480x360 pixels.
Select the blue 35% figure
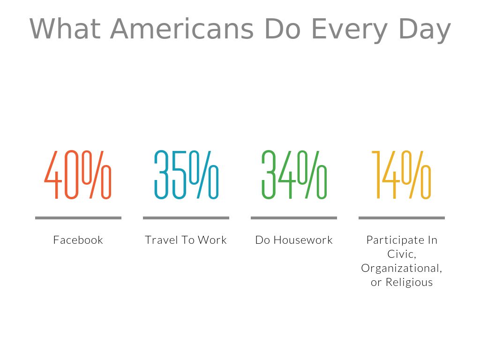(186, 175)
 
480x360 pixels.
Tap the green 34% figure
(294, 175)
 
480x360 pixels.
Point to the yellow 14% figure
(401, 175)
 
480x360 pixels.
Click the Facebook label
(78, 240)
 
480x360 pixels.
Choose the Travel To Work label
(186, 240)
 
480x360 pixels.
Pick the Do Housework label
(294, 240)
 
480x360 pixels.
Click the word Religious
(409, 282)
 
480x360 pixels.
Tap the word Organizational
(401, 268)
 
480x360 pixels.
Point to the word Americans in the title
(182, 29)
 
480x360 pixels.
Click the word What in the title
(65, 29)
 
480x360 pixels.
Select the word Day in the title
(425, 30)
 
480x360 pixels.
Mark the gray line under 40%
(78, 218)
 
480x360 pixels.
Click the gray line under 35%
(186, 218)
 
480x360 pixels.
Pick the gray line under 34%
(294, 218)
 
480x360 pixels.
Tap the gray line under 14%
(402, 218)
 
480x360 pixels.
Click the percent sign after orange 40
(97, 175)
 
